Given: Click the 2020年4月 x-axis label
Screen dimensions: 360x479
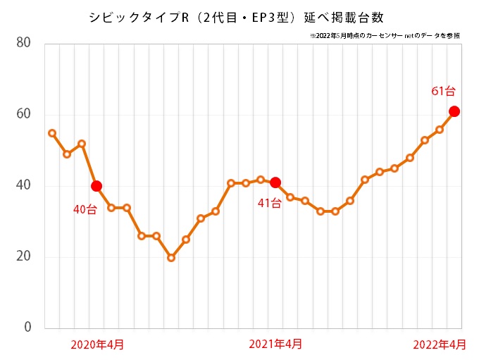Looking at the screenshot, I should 97,344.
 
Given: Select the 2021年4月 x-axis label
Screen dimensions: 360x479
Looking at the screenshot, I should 275,344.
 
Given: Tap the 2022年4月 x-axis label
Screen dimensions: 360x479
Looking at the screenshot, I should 440,344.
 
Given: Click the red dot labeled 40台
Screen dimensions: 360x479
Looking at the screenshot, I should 97,186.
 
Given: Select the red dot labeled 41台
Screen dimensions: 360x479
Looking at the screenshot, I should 275,182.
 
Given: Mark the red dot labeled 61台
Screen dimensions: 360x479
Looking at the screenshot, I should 454,111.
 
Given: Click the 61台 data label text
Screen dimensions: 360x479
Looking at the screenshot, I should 443,91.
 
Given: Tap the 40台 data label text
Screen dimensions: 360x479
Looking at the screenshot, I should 85,209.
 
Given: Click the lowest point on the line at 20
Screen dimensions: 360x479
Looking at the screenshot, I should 171,258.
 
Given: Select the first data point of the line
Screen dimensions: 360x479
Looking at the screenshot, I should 52,133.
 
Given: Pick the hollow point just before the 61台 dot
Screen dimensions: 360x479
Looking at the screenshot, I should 440,130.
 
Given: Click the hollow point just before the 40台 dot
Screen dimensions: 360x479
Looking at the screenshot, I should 82,144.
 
